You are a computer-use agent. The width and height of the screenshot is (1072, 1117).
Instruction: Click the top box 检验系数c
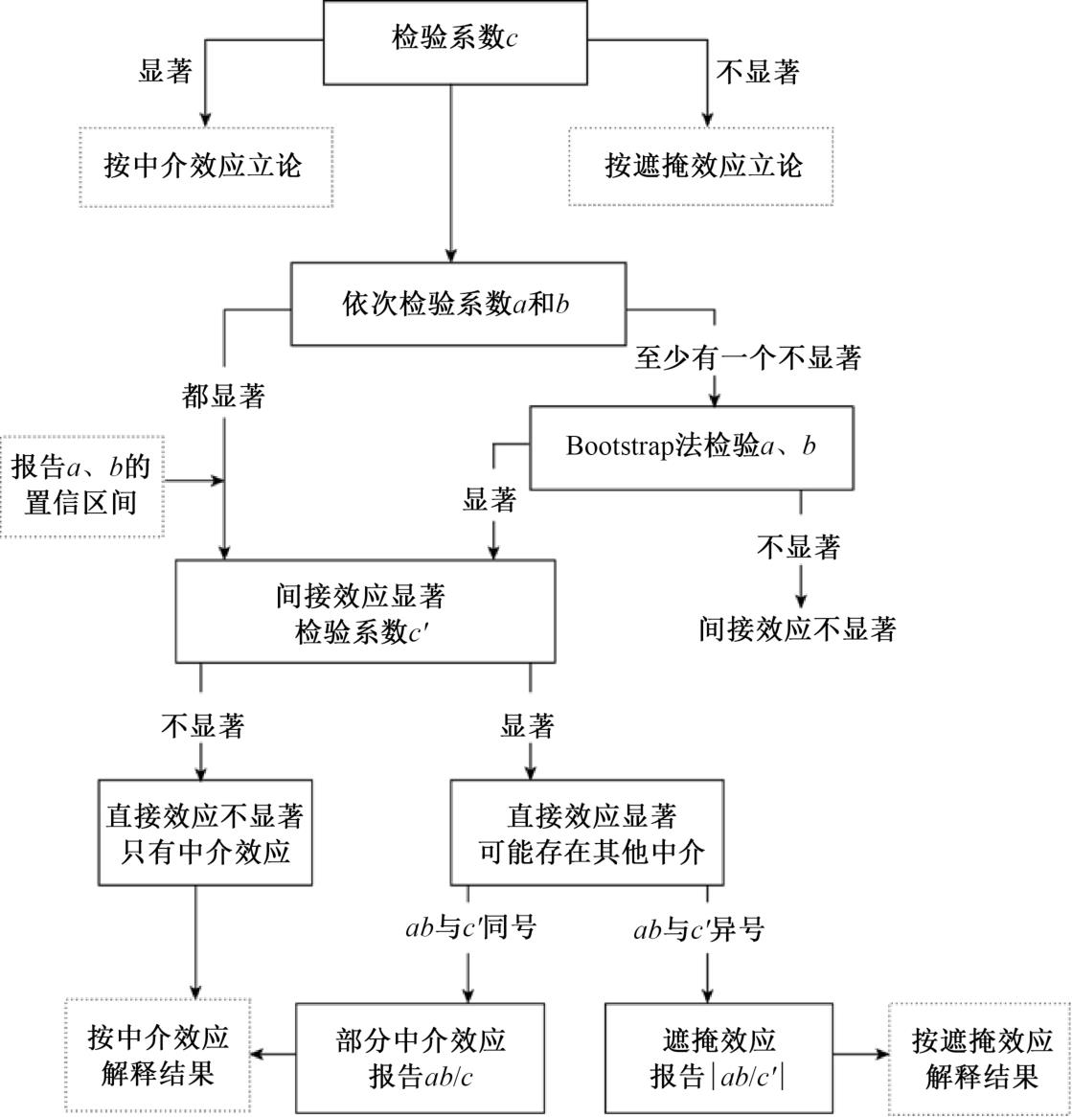455,41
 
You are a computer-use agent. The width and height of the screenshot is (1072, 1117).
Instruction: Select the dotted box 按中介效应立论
205,167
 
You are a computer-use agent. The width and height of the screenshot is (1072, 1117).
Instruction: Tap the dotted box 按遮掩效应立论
701,166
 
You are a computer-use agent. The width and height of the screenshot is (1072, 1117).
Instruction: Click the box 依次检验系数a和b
458,304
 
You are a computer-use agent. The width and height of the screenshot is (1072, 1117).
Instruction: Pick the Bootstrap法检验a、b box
691,447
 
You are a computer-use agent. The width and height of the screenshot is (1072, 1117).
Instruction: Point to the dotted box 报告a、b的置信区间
82,485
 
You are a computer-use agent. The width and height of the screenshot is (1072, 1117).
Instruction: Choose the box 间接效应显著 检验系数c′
365,611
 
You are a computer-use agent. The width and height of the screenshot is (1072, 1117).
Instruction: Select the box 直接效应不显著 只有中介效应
205,832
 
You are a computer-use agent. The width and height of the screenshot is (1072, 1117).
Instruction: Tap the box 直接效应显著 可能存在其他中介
586,832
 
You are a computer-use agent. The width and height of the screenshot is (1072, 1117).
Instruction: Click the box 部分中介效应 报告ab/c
420,1058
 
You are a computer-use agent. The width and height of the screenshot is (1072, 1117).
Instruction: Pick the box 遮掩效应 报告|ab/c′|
718,1058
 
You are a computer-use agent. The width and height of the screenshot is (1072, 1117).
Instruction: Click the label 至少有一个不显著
747,358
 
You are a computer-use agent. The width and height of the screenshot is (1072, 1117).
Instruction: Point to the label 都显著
222,397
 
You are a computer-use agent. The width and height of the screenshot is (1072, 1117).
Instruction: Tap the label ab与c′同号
469,928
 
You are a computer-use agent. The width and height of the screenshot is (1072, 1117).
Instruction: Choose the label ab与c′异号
698,929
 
